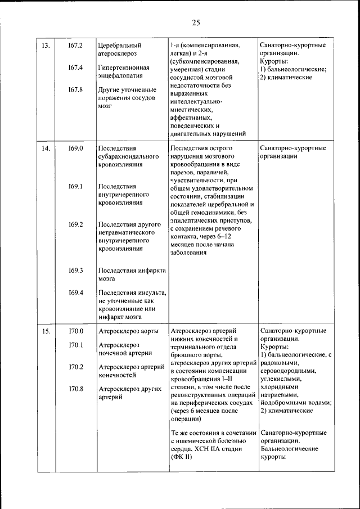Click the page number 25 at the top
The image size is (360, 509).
pyautogui.click(x=196, y=22)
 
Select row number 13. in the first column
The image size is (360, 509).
pyautogui.click(x=46, y=45)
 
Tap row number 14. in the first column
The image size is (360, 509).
pyautogui.click(x=46, y=148)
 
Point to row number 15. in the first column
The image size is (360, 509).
pyautogui.click(x=46, y=331)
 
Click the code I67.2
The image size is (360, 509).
pyautogui.click(x=76, y=45)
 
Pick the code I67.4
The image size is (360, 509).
pyautogui.click(x=76, y=67)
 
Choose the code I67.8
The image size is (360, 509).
pyautogui.click(x=76, y=89)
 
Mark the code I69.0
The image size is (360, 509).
pyautogui.click(x=76, y=148)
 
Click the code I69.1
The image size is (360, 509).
pyautogui.click(x=76, y=186)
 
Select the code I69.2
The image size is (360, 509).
pyautogui.click(x=76, y=224)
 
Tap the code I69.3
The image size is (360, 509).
pyautogui.click(x=76, y=271)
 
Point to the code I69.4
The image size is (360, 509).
pyautogui.click(x=76, y=292)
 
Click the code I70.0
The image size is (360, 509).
pyautogui.click(x=76, y=331)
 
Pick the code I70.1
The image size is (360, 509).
pyautogui.click(x=76, y=345)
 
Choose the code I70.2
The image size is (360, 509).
pyautogui.click(x=76, y=367)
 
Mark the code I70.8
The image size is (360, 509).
pyautogui.click(x=76, y=389)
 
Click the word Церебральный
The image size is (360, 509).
pyautogui.click(x=119, y=45)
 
